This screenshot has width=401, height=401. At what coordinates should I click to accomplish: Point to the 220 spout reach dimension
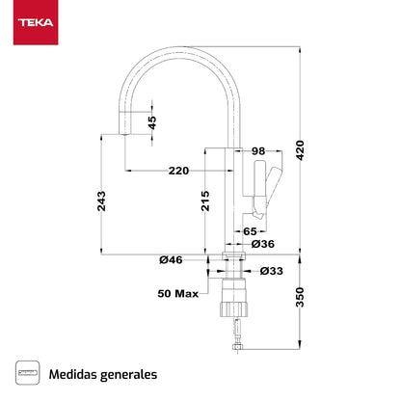pyautogui.click(x=178, y=171)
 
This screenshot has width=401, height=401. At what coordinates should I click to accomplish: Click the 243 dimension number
pyautogui.click(x=102, y=200)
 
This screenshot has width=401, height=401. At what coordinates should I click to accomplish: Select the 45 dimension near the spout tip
pyautogui.click(x=151, y=122)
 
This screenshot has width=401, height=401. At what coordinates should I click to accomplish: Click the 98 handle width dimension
pyautogui.click(x=257, y=151)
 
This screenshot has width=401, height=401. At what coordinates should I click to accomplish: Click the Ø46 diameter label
pyautogui.click(x=172, y=259)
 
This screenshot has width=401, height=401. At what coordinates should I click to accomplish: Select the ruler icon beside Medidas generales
pyautogui.click(x=29, y=372)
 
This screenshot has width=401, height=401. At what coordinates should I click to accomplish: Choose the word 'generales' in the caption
pyautogui.click(x=129, y=372)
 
